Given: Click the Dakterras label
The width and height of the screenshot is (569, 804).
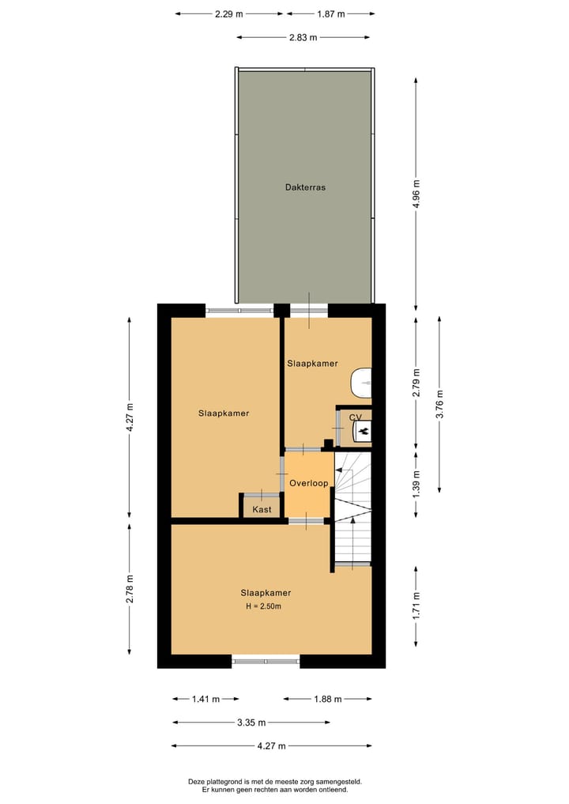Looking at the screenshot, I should [x=305, y=187].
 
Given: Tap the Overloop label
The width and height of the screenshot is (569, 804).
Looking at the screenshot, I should [x=308, y=482].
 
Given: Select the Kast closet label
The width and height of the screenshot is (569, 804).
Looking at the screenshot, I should [x=262, y=509].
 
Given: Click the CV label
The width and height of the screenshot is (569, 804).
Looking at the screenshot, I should [x=355, y=417].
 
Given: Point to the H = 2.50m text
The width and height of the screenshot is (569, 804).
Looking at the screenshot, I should [x=263, y=606].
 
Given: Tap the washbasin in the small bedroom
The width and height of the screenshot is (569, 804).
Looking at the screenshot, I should [x=363, y=382].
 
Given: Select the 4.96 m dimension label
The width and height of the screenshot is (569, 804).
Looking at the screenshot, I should [x=416, y=194].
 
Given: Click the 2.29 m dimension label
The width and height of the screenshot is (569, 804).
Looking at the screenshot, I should [x=228, y=13].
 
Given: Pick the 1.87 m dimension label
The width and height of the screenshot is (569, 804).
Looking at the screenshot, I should [x=330, y=13].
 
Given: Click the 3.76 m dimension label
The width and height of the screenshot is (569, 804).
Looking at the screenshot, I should [x=439, y=403].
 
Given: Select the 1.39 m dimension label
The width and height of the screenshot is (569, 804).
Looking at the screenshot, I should [x=416, y=483].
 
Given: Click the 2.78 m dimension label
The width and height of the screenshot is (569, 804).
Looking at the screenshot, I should [x=130, y=588].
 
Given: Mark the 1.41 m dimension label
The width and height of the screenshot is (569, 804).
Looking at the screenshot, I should [x=205, y=699].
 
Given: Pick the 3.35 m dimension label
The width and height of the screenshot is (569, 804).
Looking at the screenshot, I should [x=251, y=723].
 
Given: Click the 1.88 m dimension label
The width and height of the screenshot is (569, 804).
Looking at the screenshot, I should [x=327, y=699].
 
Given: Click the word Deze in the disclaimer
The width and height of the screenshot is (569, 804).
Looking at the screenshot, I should [x=197, y=781].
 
